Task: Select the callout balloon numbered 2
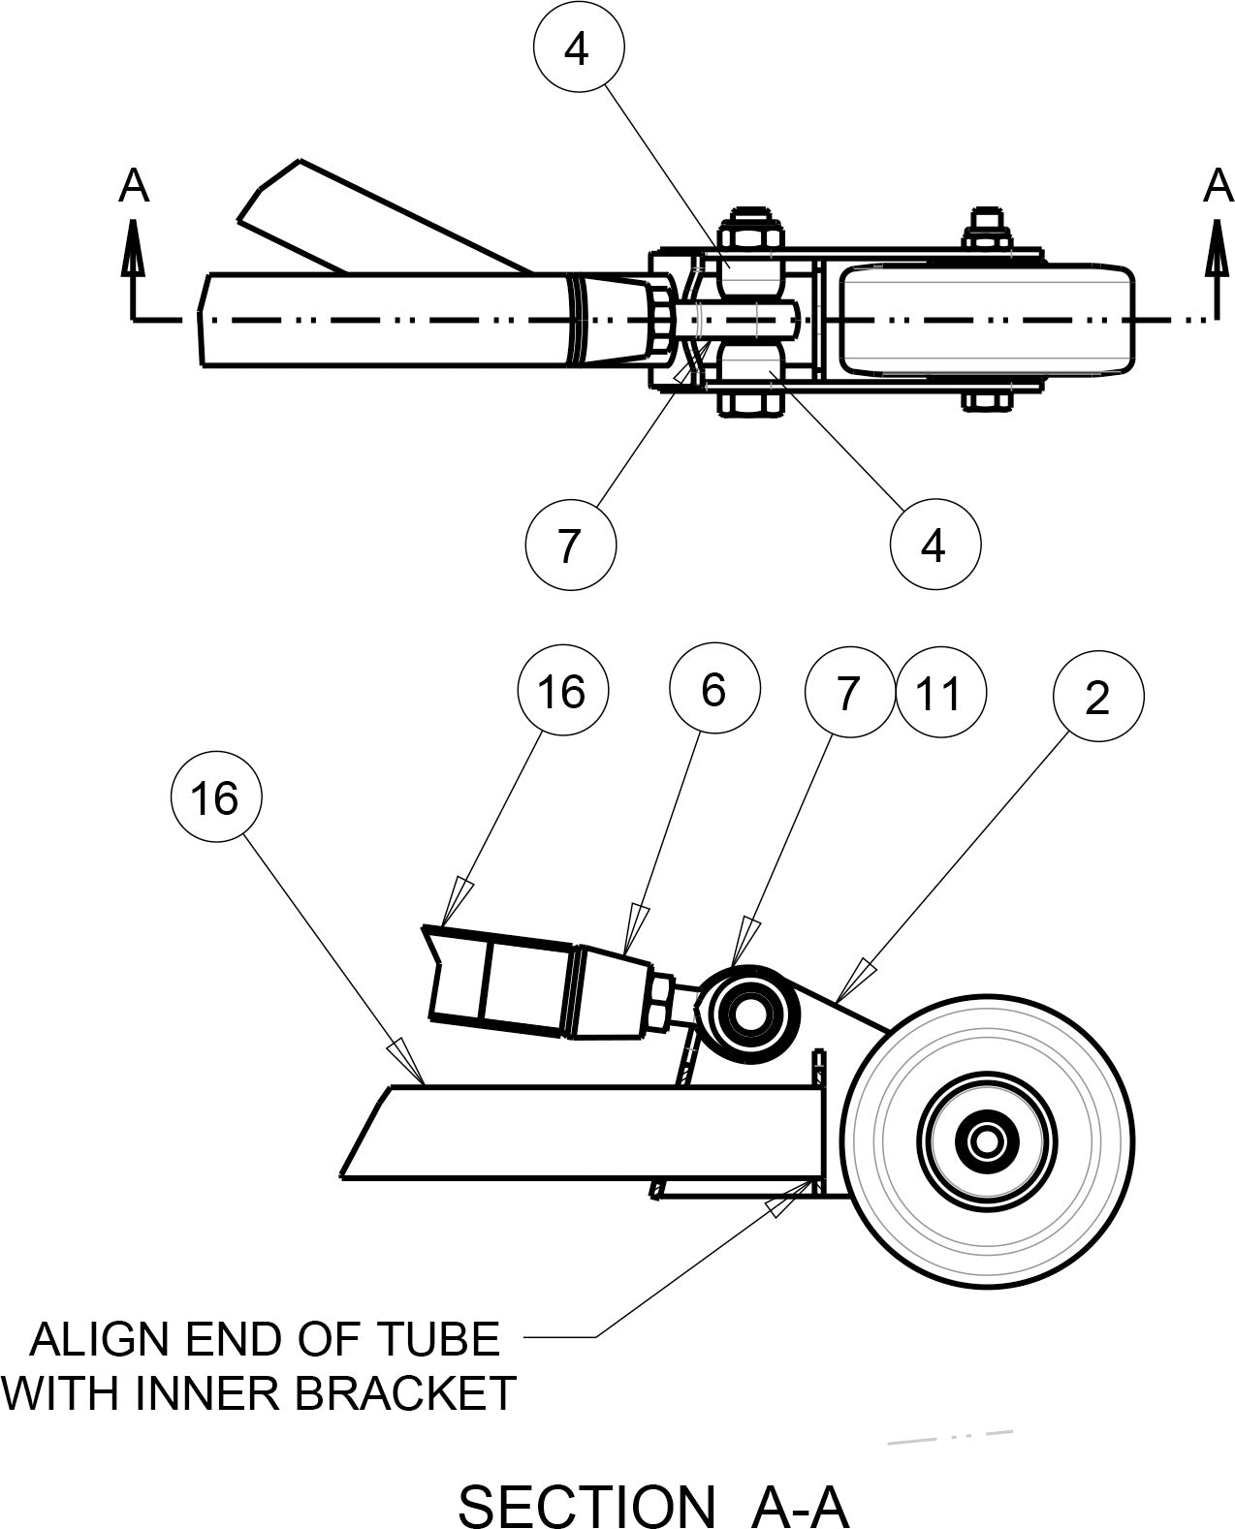tap(1097, 696)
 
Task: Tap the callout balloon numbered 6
tap(713, 690)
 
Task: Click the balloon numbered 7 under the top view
tap(570, 544)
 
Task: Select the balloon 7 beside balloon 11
tap(848, 694)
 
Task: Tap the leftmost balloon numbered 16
tap(215, 798)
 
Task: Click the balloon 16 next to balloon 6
tap(563, 691)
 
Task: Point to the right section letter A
tap(1217, 186)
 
